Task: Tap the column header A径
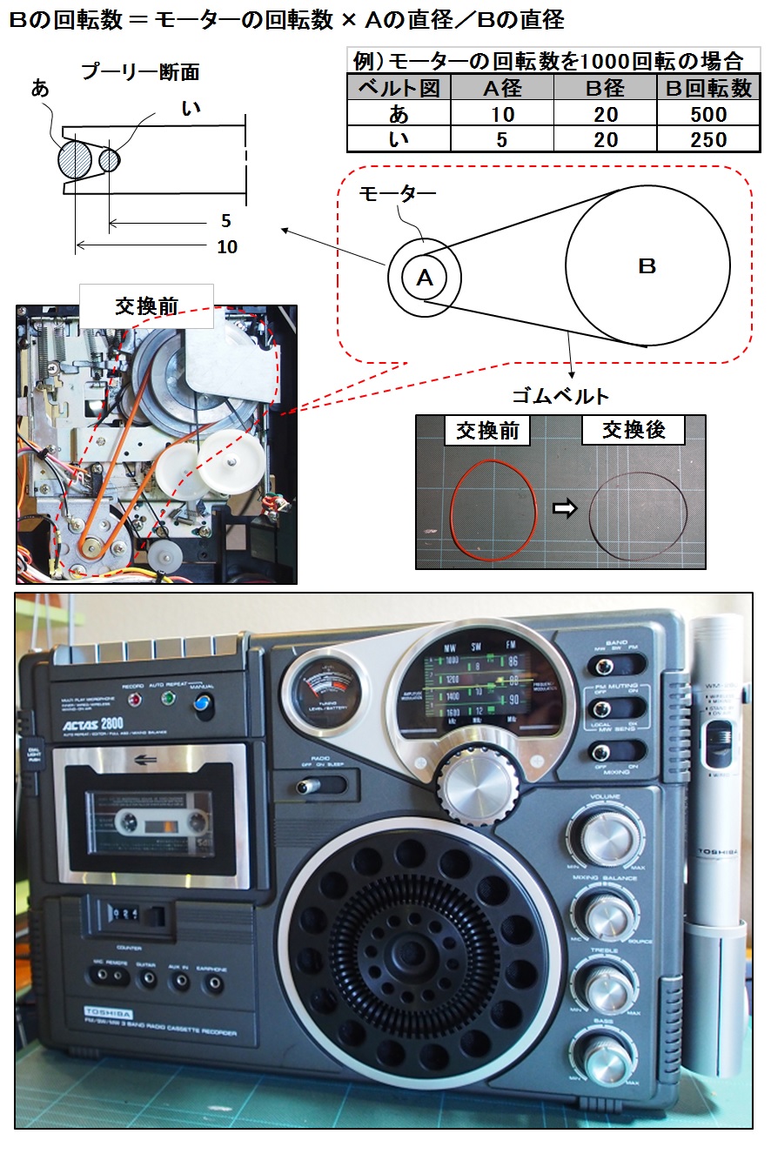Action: pyautogui.click(x=501, y=89)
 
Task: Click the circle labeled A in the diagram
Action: pyautogui.click(x=425, y=278)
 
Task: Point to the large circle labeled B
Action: pyautogui.click(x=647, y=265)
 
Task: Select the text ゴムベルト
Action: pyautogui.click(x=560, y=396)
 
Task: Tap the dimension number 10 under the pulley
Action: pyautogui.click(x=226, y=247)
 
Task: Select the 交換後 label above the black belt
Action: pyautogui.click(x=633, y=431)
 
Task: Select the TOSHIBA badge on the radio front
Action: pyautogui.click(x=108, y=1012)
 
